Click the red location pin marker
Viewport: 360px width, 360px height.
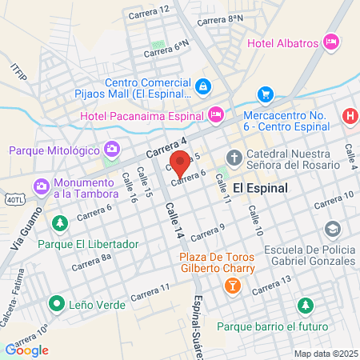click(x=181, y=162)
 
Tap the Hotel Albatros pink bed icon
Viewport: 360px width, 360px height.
click(x=331, y=42)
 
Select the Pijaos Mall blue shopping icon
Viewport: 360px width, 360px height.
click(x=203, y=86)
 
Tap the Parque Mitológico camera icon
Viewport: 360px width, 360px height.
click(x=111, y=150)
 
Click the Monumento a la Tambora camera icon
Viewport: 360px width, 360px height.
click(x=42, y=187)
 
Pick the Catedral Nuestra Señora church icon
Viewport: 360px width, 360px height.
click(x=234, y=156)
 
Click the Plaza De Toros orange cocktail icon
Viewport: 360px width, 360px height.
click(x=232, y=285)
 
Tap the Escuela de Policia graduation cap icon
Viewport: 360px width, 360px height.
click(x=331, y=230)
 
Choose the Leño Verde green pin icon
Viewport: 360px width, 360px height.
click(x=55, y=302)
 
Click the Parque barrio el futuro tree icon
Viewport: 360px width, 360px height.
click(x=305, y=305)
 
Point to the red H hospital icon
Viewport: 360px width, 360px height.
click(x=350, y=116)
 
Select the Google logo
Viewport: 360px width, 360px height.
click(x=26, y=350)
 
